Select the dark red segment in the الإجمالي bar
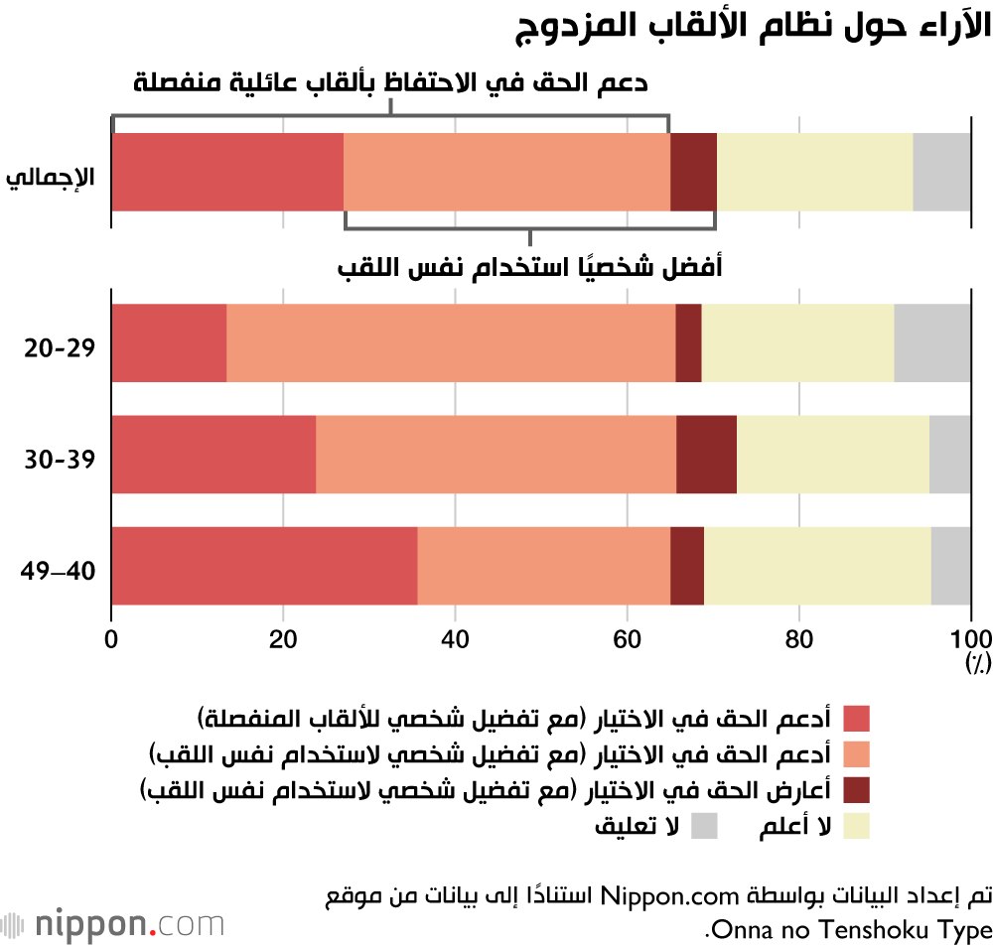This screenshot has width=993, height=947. (693, 172)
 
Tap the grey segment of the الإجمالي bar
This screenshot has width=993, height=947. (941, 172)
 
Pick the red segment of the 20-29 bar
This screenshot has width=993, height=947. (169, 342)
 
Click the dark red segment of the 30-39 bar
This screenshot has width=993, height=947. (706, 455)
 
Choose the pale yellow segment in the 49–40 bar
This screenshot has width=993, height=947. (817, 566)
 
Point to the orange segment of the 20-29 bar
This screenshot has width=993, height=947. (451, 342)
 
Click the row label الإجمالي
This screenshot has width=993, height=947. (52, 179)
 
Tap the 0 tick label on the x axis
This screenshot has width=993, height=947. (111, 639)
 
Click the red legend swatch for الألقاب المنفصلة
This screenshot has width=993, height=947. (856, 718)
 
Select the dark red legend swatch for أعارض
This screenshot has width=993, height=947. (856, 790)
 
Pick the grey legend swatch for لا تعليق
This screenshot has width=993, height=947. (704, 826)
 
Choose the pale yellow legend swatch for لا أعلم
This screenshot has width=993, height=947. (856, 826)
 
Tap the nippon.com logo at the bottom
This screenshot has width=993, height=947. (113, 924)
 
